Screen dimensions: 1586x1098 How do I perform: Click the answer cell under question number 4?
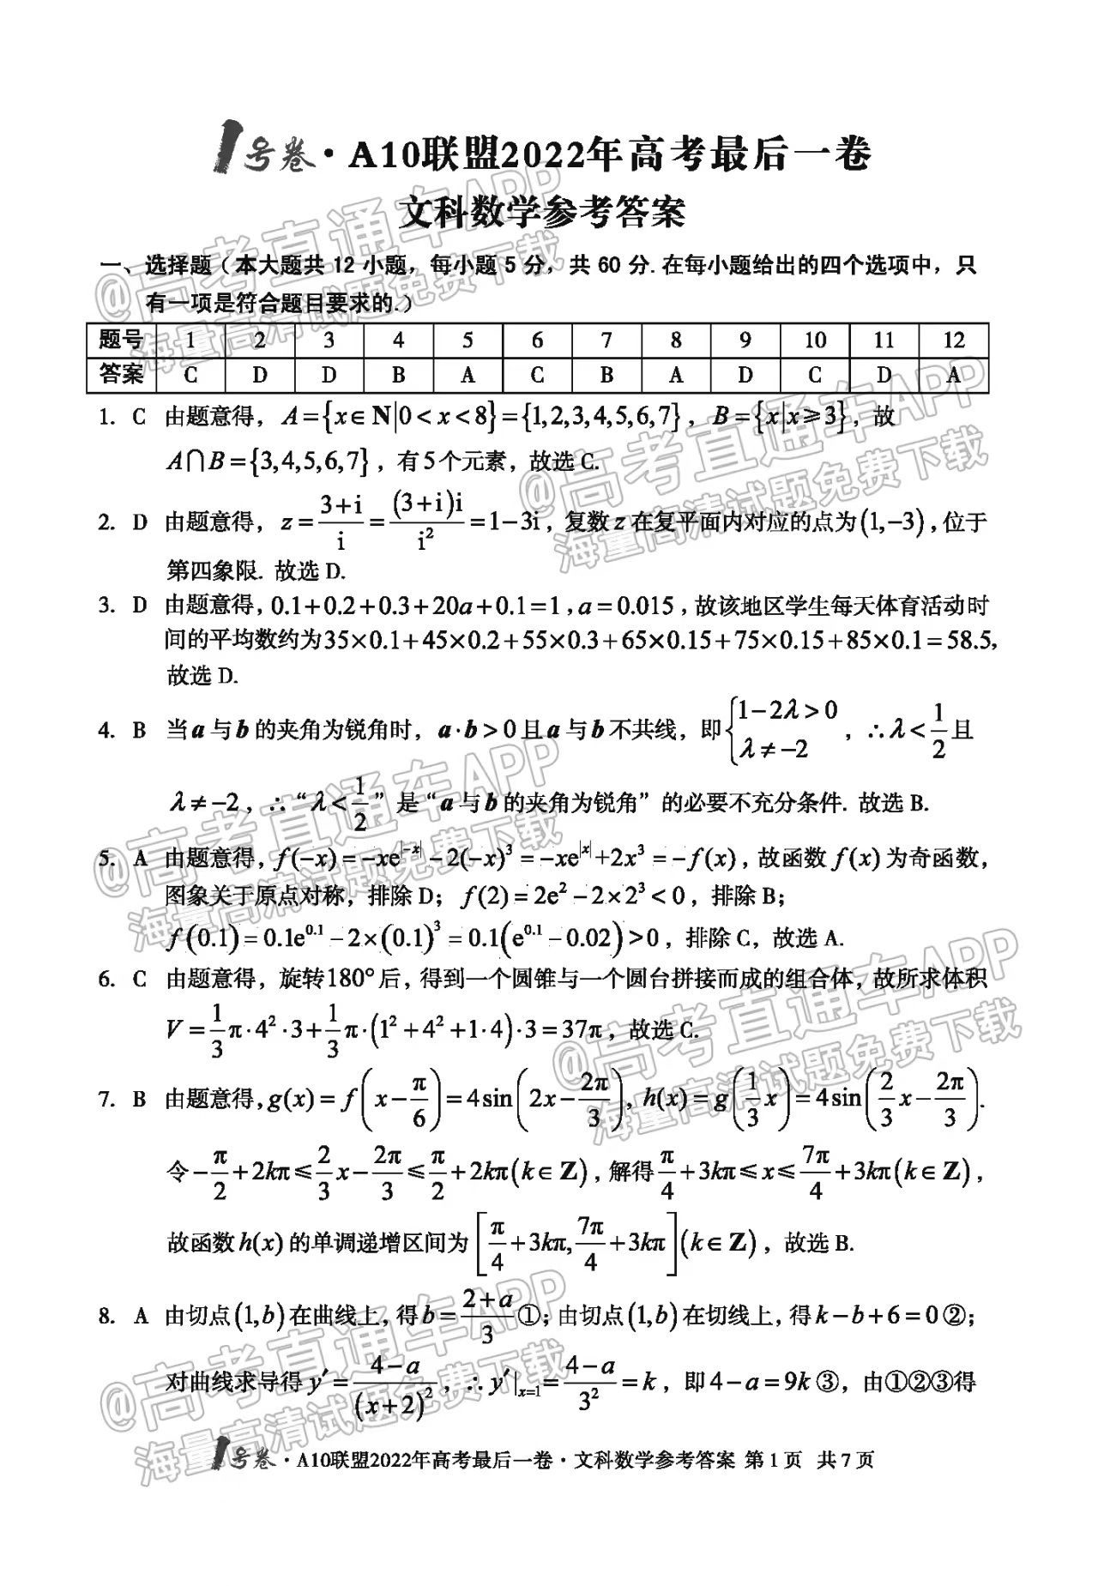click(398, 375)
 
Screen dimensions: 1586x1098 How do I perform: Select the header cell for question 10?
click(815, 341)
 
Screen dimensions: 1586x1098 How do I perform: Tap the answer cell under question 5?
click(468, 375)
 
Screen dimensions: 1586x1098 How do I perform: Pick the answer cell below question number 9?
click(745, 375)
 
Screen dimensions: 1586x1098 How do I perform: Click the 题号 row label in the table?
click(121, 341)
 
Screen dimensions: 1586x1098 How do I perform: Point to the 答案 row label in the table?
click(121, 375)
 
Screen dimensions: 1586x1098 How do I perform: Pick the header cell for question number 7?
click(606, 341)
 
